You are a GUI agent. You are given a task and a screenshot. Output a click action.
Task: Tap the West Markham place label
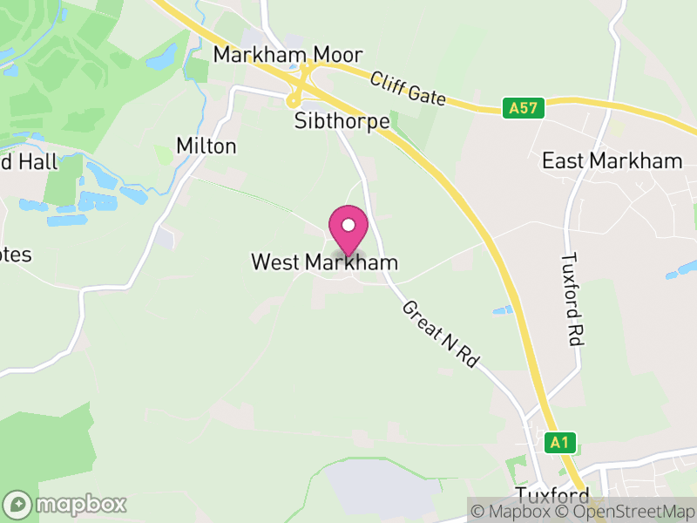pyautogui.click(x=324, y=262)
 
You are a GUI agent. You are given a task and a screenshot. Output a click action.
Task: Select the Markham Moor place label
pyautogui.click(x=275, y=55)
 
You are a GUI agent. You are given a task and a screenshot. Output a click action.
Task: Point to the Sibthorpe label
pyautogui.click(x=341, y=121)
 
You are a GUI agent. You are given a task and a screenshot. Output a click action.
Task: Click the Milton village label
pyautogui.click(x=206, y=146)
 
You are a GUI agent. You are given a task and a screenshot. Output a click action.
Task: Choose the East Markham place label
pyautogui.click(x=612, y=160)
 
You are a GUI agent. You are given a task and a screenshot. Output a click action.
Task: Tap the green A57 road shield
pyautogui.click(x=524, y=108)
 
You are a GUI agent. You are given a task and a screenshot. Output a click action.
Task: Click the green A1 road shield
pyautogui.click(x=558, y=443)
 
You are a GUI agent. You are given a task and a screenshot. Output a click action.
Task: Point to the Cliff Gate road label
pyautogui.click(x=408, y=90)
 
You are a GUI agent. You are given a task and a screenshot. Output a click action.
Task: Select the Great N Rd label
pyautogui.click(x=441, y=334)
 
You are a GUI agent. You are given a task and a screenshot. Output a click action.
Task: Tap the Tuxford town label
pyautogui.click(x=546, y=495)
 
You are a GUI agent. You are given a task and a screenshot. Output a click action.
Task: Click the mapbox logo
pyautogui.click(x=66, y=504)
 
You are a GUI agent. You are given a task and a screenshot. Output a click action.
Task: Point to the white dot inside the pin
pyautogui.click(x=348, y=226)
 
